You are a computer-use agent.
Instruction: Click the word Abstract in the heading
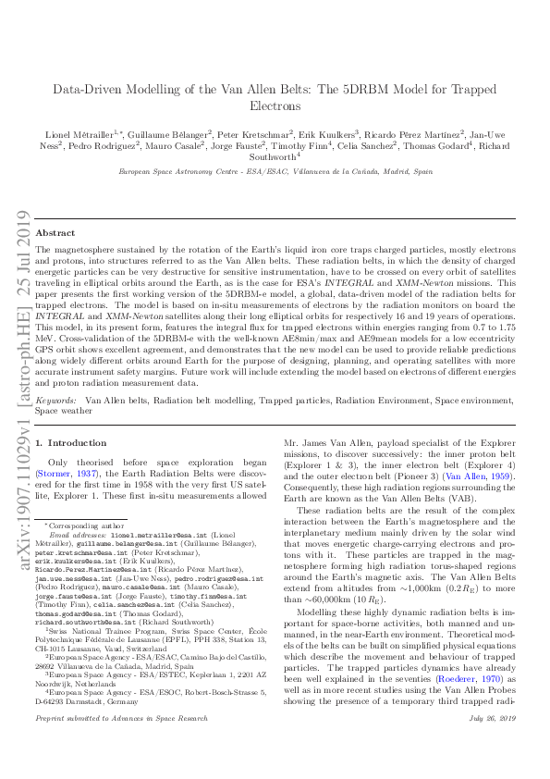pos(55,234)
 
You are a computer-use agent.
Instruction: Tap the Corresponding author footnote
pos(76,525)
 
